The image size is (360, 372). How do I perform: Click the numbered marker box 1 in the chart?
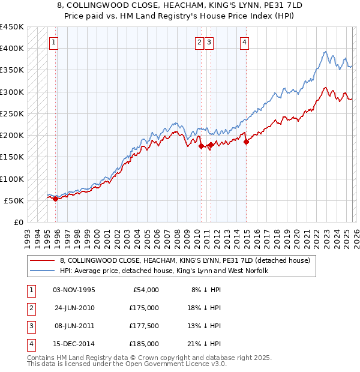54,42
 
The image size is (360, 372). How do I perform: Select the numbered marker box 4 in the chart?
245,42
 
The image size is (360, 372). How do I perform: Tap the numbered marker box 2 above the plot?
199,42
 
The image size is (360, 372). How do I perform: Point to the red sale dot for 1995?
55,199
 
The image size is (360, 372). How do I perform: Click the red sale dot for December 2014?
246,142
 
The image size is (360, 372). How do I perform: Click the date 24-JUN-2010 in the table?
74,308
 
